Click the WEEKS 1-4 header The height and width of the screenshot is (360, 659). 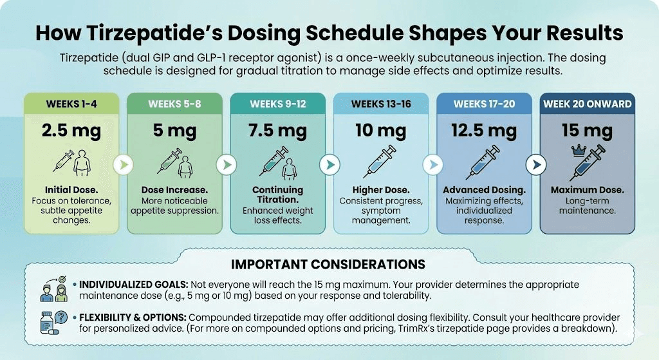point(71,104)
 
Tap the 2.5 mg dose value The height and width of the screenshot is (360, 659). point(71,132)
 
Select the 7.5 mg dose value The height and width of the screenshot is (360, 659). point(277,132)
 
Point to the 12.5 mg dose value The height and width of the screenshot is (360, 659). point(484,132)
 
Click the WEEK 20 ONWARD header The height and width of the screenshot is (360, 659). point(587,104)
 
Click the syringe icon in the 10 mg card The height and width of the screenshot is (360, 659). point(381,161)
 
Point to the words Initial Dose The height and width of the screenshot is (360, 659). point(71,190)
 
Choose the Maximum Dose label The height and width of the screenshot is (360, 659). point(587,190)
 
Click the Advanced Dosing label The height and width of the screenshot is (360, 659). point(484,190)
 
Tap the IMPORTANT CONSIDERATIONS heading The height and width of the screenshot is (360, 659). point(328,265)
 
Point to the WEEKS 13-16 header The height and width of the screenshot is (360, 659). point(381,104)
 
